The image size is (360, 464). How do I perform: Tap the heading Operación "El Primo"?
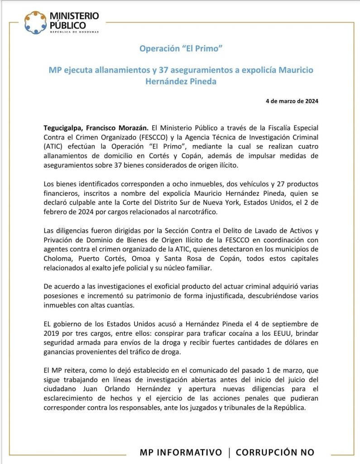[x=180, y=48]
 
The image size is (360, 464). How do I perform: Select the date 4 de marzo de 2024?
[x=292, y=101]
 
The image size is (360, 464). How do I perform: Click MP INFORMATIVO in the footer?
[x=181, y=452]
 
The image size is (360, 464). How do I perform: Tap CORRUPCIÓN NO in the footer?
[x=275, y=452]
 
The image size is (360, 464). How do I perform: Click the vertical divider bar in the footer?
[x=229, y=452]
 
